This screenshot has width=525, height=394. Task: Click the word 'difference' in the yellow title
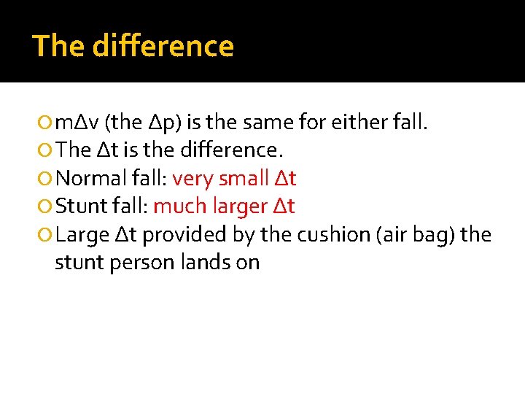click(164, 45)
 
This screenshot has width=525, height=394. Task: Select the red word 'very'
click(192, 178)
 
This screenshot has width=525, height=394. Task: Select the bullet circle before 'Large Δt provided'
click(46, 236)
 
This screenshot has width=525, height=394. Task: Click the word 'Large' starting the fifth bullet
click(82, 235)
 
